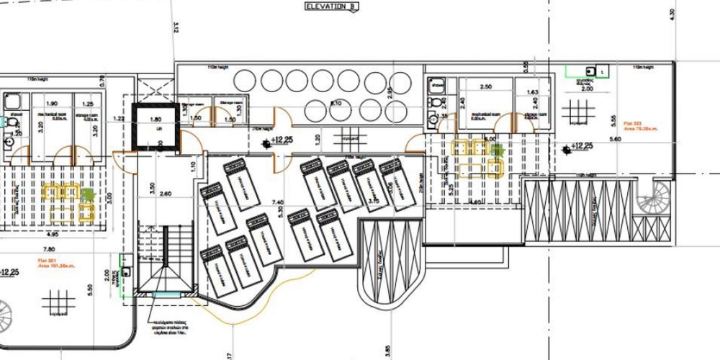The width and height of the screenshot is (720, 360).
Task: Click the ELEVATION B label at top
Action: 330,6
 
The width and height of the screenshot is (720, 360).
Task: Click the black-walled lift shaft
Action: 155,127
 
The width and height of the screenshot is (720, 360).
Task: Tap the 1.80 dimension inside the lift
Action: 155,120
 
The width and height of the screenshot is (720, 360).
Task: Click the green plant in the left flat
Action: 87,193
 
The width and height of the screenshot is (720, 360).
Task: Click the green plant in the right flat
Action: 496,150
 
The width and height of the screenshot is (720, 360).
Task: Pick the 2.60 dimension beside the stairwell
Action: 166,193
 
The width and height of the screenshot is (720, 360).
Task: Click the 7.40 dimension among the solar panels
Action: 276,204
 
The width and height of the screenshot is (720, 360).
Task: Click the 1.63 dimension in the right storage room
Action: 534,93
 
